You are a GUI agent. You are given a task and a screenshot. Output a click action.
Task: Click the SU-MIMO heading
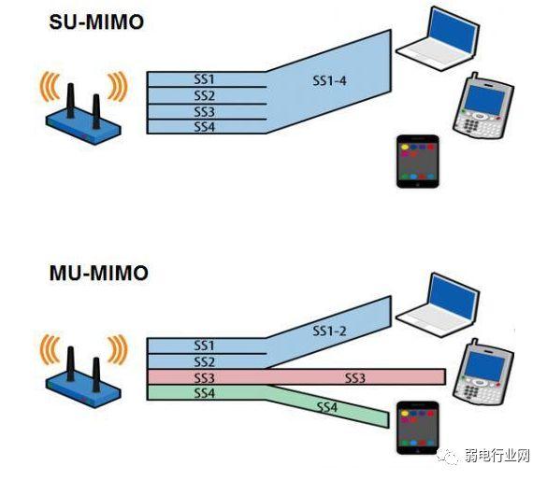(96, 21)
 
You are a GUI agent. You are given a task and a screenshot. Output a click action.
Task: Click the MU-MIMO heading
(98, 274)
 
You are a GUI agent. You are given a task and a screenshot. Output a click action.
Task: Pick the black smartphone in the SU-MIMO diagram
(418, 161)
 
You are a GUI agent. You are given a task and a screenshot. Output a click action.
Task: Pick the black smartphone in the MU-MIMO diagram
(418, 428)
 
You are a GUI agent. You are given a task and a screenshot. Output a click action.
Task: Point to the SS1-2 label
(328, 332)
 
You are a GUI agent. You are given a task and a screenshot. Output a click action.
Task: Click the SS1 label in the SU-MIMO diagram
(204, 78)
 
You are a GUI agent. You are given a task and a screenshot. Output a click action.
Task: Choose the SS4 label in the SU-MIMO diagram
(204, 126)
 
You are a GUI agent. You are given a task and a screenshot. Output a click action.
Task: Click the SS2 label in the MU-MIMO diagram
(204, 361)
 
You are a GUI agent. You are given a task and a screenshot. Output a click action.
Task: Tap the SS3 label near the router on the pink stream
(204, 377)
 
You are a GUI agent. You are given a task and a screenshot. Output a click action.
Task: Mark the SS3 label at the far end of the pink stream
(355, 377)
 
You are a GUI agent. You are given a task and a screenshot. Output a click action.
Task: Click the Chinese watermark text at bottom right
(497, 455)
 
